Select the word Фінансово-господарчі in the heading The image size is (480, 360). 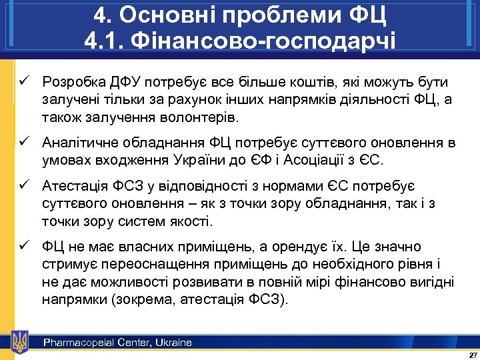pos(267,41)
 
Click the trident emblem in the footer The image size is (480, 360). pos(20,342)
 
